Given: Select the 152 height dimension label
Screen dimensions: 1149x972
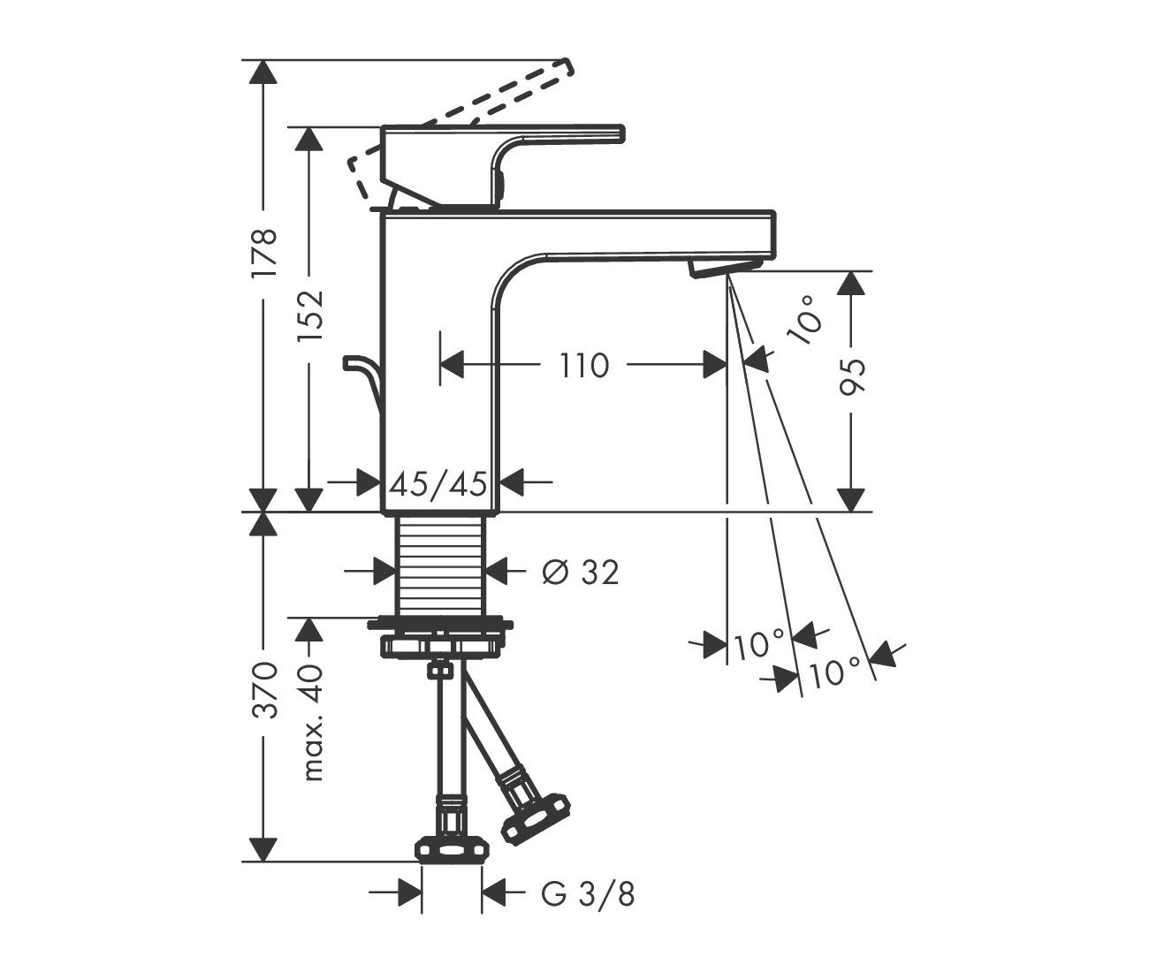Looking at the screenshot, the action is (x=309, y=316).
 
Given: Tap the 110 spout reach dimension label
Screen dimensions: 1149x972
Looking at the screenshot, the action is (x=583, y=366).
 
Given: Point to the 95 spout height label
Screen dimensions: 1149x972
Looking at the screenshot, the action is (x=852, y=377).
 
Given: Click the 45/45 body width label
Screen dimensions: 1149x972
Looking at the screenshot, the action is (x=438, y=483).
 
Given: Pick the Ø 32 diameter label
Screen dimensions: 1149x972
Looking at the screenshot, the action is (x=581, y=572).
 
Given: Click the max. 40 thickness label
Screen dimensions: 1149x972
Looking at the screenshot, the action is (x=311, y=723).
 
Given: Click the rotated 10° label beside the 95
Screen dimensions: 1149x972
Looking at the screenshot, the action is (x=805, y=322).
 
